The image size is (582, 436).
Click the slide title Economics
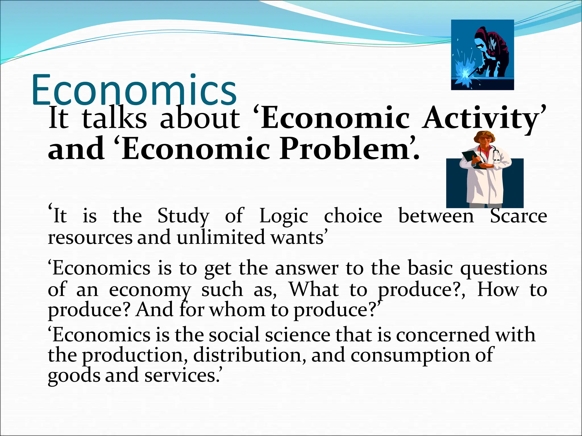point(134,90)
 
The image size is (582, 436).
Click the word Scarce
point(518,216)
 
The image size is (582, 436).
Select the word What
point(314,290)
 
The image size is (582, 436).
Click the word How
point(498,290)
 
